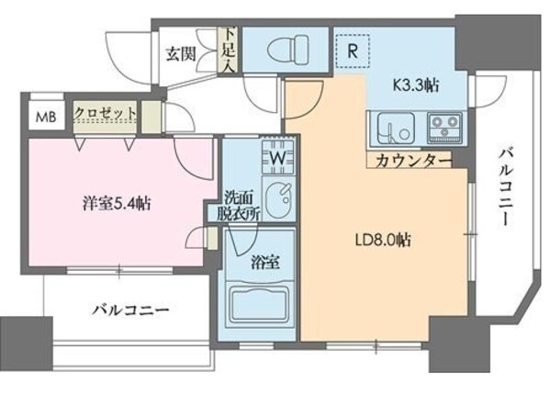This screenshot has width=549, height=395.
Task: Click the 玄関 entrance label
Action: tap(179, 53)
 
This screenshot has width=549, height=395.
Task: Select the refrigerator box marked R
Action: tap(352, 51)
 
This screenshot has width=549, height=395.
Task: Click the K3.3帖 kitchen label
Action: tap(415, 85)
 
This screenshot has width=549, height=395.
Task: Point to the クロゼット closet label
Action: tap(106, 114)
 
